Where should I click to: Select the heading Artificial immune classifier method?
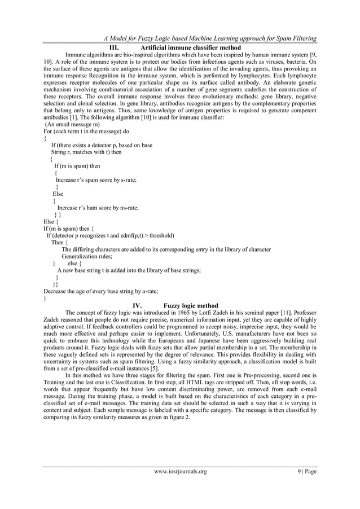coord(191,48)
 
